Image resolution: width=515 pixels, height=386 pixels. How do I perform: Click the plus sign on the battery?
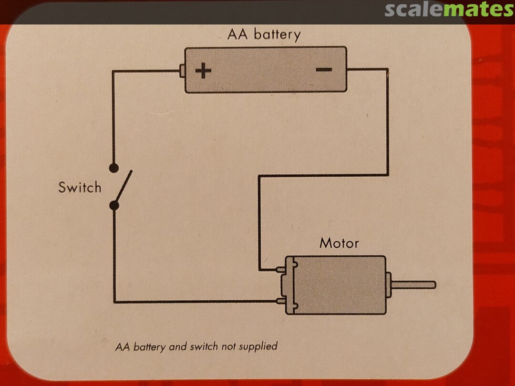(203, 71)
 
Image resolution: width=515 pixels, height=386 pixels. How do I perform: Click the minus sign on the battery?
(324, 70)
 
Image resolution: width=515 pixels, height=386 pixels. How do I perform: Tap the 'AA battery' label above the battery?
(264, 35)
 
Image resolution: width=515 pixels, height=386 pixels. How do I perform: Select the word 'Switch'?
(80, 187)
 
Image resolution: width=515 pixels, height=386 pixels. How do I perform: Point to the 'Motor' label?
(339, 243)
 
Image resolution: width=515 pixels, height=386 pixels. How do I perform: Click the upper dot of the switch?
(114, 168)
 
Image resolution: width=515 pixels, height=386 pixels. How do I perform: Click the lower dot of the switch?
(114, 205)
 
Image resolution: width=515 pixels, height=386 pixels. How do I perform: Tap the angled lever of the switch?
(123, 186)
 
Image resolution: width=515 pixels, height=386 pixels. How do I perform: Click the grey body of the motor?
(339, 285)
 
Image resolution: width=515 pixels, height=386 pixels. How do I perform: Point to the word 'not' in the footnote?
(228, 346)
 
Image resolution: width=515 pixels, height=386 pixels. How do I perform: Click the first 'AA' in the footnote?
(123, 347)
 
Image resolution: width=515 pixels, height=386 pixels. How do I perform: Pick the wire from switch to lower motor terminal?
(191, 301)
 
